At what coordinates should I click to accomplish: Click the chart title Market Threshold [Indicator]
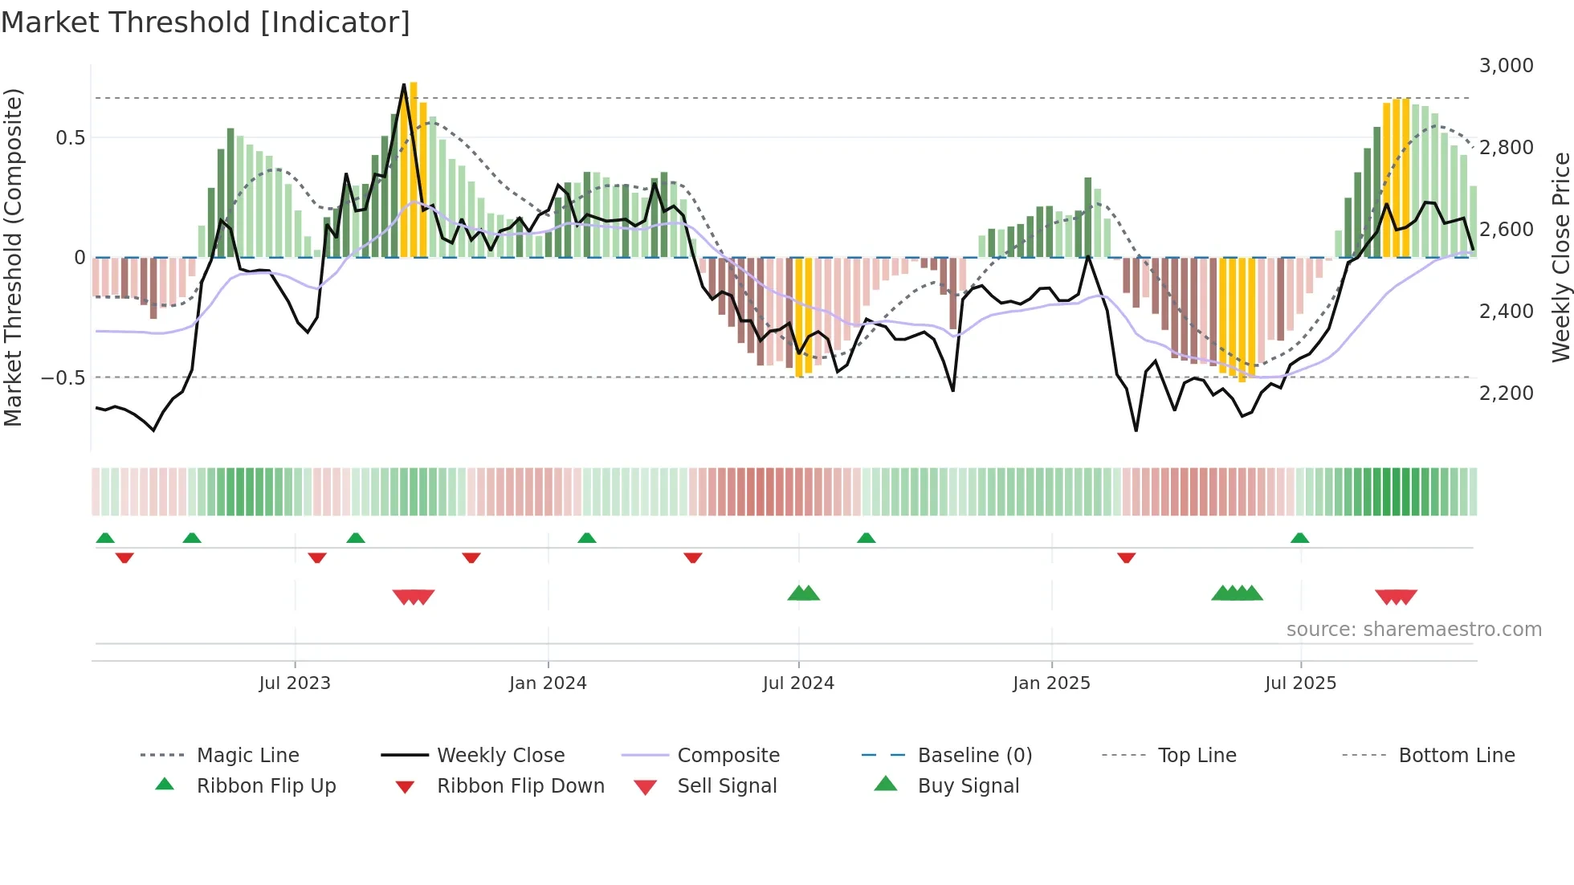tap(206, 22)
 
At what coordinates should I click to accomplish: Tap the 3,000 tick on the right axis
tap(1506, 66)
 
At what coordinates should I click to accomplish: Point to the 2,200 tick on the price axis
tap(1506, 394)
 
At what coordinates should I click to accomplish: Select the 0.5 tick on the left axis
tap(70, 138)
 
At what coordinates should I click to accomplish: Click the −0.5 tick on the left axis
tap(63, 378)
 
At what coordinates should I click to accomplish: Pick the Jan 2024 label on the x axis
tap(548, 683)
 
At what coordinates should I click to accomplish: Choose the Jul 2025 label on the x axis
tap(1300, 683)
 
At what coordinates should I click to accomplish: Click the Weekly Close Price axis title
tap(1560, 257)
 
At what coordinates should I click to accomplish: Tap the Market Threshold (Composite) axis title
tap(13, 257)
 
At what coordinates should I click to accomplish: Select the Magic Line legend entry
tap(247, 756)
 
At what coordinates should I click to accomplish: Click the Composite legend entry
tap(728, 756)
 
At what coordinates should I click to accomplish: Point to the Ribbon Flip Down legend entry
tap(520, 786)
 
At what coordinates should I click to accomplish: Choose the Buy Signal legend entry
tap(968, 786)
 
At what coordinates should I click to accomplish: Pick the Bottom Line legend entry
tap(1456, 756)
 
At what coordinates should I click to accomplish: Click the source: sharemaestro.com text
tap(1413, 630)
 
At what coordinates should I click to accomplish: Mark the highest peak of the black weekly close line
tap(404, 84)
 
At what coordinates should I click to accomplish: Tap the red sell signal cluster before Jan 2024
tap(414, 597)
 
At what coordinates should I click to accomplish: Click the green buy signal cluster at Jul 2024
tap(804, 593)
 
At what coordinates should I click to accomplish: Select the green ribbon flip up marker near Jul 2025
tap(1299, 538)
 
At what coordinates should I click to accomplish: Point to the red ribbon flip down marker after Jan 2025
tap(1126, 557)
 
